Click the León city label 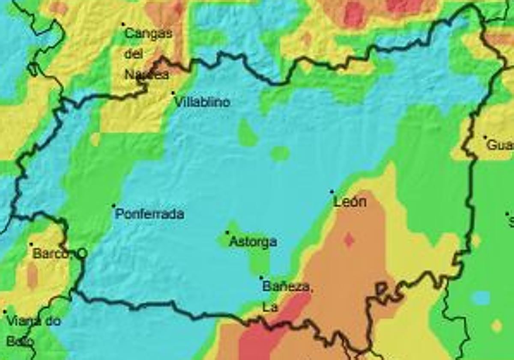350,202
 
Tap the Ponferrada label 150,214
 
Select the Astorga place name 253,242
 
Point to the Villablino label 203,102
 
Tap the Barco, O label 60,254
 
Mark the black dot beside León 332,191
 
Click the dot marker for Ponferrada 114,206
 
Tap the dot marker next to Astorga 227,232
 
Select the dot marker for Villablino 173,92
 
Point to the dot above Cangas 123,24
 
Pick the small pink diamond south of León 349,240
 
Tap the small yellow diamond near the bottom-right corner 496,326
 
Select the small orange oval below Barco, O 32,275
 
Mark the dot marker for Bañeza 261,277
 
